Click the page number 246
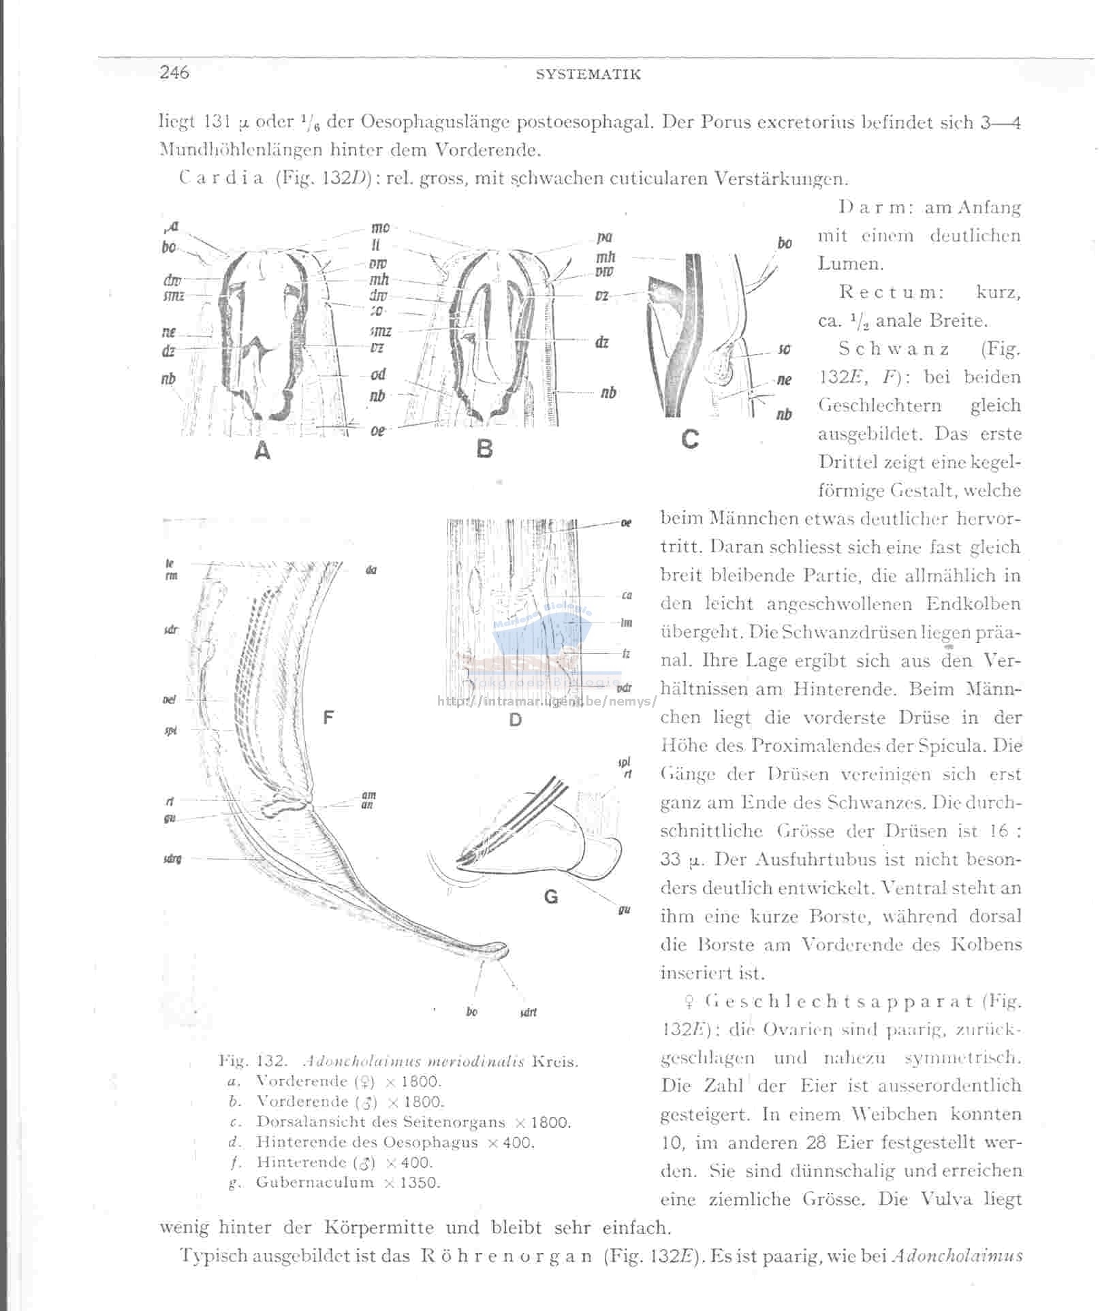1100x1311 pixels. coord(174,72)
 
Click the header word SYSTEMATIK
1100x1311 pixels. coord(588,74)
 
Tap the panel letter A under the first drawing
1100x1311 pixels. coord(262,450)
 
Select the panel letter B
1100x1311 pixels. coord(484,449)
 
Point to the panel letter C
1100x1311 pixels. coord(689,439)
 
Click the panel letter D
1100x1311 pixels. coord(515,720)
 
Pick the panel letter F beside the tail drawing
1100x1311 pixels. coord(329,716)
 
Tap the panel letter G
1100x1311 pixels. coord(551,897)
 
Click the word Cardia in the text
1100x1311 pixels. coord(222,179)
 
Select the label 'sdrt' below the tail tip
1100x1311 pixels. coord(528,1012)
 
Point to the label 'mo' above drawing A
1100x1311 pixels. coord(379,228)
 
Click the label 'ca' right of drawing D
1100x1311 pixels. coord(627,595)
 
